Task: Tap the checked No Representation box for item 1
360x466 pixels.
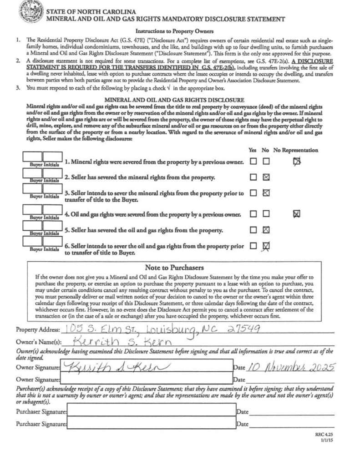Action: tap(297, 161)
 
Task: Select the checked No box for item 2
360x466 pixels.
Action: tap(266, 177)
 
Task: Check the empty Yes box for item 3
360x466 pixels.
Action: tap(253, 193)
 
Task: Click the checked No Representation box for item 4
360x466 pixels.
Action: tap(297, 213)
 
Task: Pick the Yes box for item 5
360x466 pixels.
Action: tap(253, 230)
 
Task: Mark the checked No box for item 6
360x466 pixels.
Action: tap(266, 246)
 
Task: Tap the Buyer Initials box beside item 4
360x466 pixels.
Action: tap(43, 211)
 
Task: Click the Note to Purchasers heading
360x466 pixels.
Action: tap(174, 268)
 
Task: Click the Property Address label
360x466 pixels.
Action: tap(38, 329)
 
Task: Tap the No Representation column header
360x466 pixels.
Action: tap(296, 150)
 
